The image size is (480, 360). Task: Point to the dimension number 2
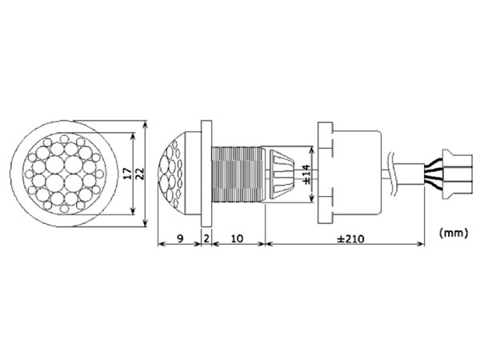206,238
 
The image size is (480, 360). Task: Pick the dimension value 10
237,238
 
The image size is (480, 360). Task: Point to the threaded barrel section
237,172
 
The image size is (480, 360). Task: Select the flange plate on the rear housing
324,172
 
